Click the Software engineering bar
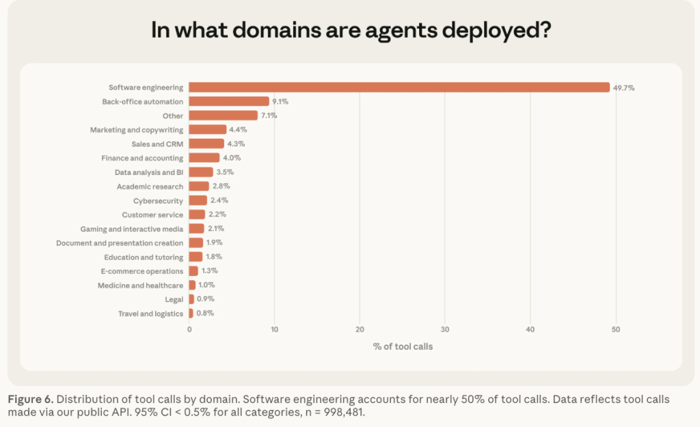pos(399,87)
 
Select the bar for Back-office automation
pos(229,101)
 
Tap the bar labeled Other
pos(223,115)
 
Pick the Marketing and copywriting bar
pos(207,129)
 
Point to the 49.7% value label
pos(623,87)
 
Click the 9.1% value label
pos(280,101)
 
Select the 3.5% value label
pos(224,172)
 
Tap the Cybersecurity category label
pos(158,201)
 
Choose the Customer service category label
pos(152,215)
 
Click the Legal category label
pos(174,299)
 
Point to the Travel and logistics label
pos(150,314)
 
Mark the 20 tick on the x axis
pos(360,329)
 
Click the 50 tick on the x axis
pos(615,329)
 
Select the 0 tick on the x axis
pos(189,329)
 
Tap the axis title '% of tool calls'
pos(403,346)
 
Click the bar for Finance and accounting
pos(204,158)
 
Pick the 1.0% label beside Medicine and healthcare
pos(206,285)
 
